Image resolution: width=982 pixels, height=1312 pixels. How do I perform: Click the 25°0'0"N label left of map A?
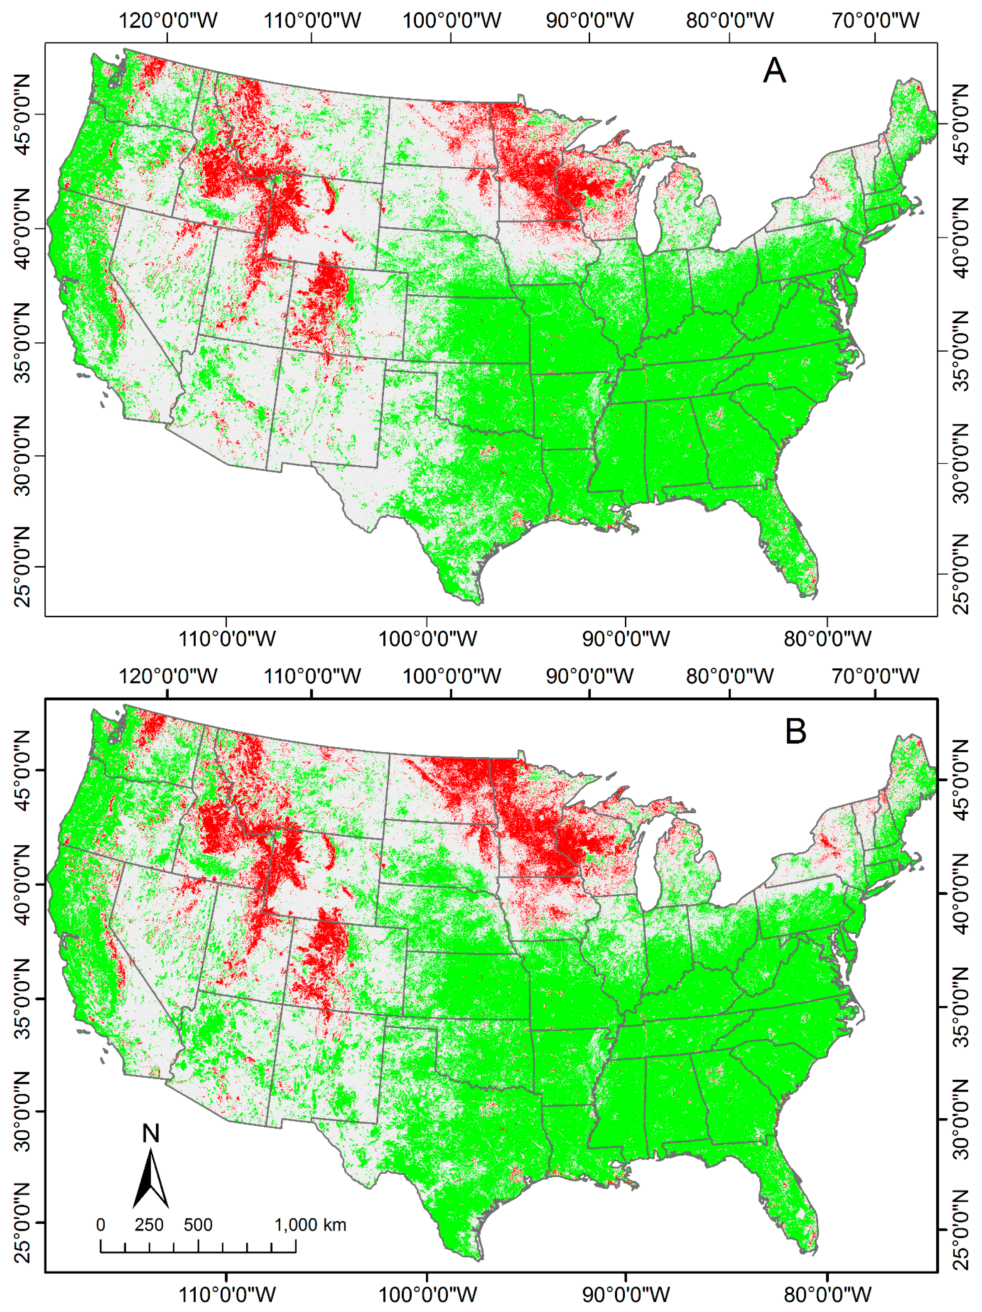click(x=23, y=567)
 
